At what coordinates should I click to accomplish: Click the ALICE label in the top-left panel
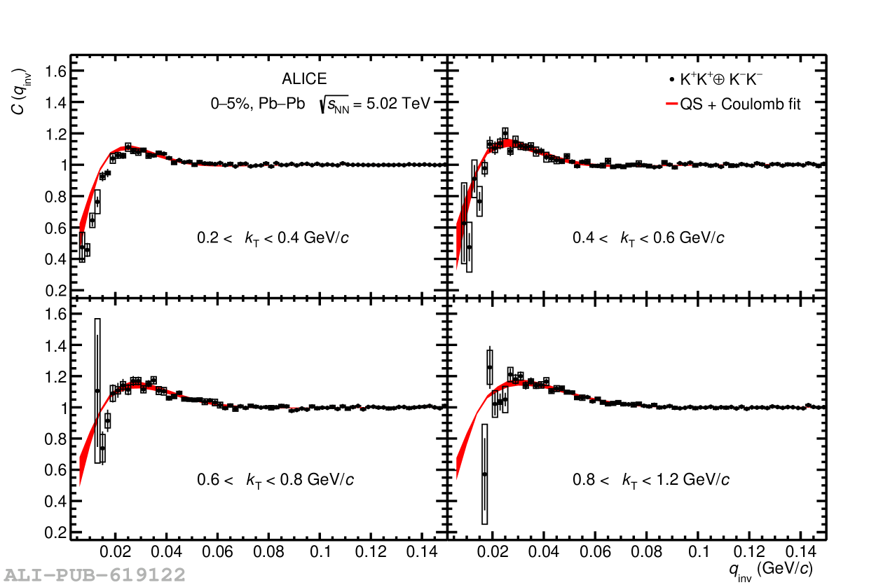tap(304, 80)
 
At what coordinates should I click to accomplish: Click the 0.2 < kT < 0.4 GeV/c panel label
tap(273, 238)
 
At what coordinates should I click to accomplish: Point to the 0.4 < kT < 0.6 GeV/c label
tap(649, 238)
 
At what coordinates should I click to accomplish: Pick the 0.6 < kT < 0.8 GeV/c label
tap(275, 480)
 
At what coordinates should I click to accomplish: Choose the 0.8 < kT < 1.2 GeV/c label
tap(651, 480)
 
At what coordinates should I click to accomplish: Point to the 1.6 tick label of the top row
tap(56, 71)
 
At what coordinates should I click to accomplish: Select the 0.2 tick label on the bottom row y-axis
tap(56, 532)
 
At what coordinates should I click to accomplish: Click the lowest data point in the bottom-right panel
tap(484, 474)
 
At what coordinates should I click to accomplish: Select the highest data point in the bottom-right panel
tap(490, 367)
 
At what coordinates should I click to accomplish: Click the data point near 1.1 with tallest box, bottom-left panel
tap(97, 391)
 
